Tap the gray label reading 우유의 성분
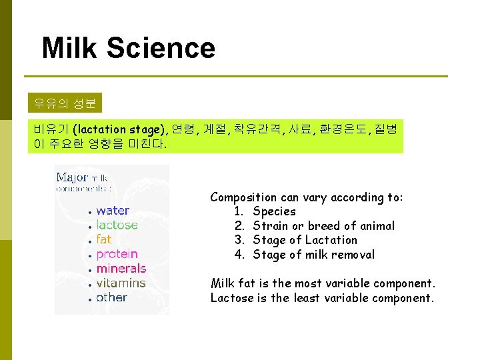point(65,103)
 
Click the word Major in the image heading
point(72,177)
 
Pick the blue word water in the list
point(113,211)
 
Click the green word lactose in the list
point(117,225)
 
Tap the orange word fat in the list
point(104,239)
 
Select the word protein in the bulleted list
point(117,254)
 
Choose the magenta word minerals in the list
point(121,269)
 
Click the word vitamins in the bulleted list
point(121,283)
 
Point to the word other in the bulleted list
point(111,297)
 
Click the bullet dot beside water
point(89,212)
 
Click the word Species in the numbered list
point(274,211)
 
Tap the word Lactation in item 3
point(331,240)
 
